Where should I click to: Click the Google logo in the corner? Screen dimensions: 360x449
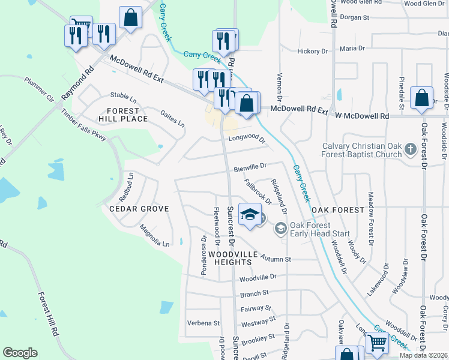click(x=20, y=353)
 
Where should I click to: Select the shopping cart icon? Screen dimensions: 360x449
click(x=377, y=343)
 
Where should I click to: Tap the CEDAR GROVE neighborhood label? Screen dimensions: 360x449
click(x=139, y=209)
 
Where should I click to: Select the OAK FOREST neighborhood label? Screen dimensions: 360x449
click(x=337, y=210)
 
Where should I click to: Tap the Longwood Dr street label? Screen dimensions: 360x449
click(x=246, y=139)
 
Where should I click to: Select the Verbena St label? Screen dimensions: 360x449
click(x=203, y=323)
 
